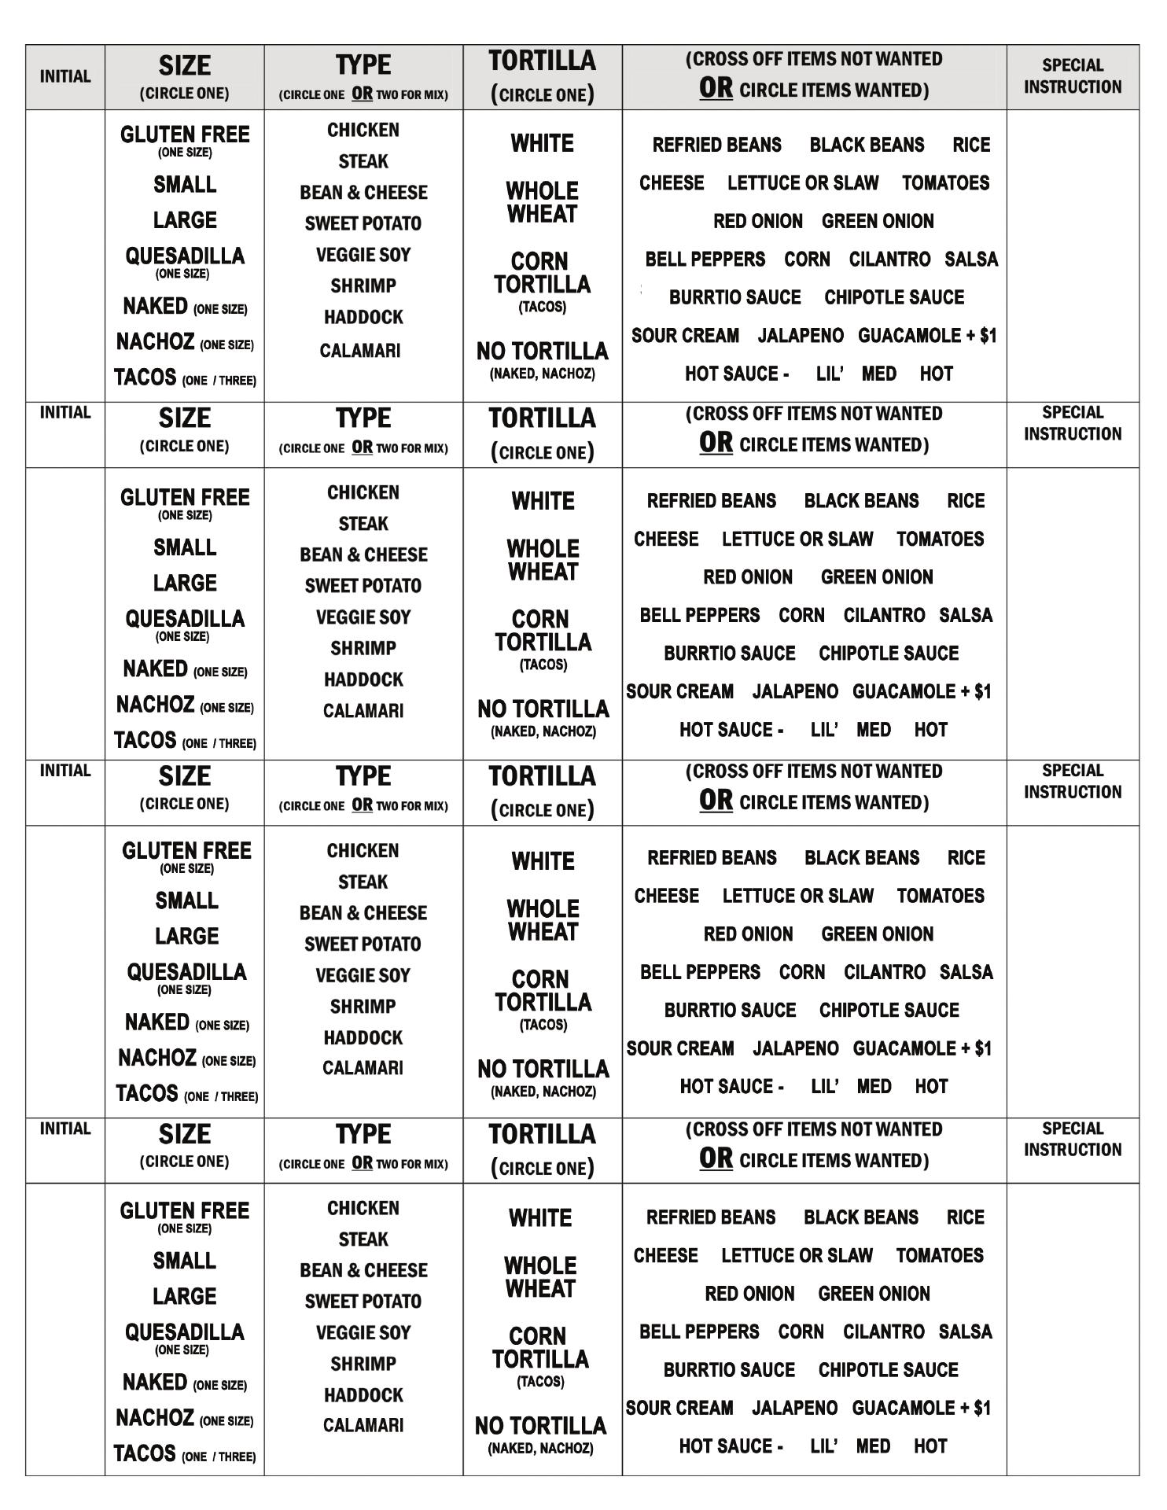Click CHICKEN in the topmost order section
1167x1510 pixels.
(363, 131)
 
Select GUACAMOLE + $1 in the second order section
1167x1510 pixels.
(922, 692)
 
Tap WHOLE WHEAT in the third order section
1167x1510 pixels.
(543, 920)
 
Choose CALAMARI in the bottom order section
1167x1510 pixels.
(363, 1425)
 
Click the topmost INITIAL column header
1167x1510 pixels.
(65, 76)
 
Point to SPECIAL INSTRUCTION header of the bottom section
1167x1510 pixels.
(1072, 1139)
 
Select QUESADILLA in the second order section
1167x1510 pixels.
(185, 619)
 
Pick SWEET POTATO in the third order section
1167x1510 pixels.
(363, 944)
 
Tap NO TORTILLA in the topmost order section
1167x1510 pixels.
(542, 351)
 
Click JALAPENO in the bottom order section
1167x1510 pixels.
(794, 1408)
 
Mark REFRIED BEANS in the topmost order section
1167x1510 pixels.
(716, 145)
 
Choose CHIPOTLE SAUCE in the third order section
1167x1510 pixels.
(889, 1011)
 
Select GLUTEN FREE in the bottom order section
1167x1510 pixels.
(185, 1211)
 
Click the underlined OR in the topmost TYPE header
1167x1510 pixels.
(362, 94)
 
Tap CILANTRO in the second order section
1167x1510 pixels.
(884, 616)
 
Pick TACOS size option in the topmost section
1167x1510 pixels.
(145, 377)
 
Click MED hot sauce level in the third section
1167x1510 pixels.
(874, 1087)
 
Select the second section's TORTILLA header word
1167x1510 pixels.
(542, 418)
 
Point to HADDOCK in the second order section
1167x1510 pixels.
(363, 679)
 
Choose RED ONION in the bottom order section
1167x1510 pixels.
(749, 1294)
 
